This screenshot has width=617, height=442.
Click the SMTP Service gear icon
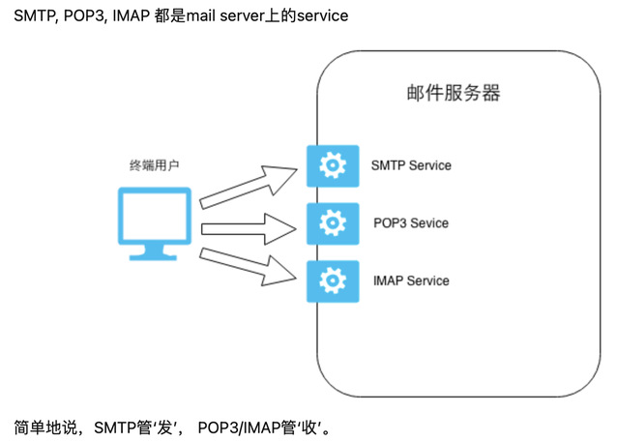tap(333, 165)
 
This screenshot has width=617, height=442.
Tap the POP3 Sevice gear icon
tap(333, 223)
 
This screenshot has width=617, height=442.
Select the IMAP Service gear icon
tap(333, 280)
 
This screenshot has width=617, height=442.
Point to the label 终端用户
tap(154, 165)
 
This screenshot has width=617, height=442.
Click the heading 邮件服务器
tap(452, 94)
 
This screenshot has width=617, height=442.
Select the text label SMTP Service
tap(411, 165)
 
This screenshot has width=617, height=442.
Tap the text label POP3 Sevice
tap(410, 223)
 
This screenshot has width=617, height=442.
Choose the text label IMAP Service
tap(410, 280)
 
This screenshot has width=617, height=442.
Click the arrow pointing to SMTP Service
tap(250, 186)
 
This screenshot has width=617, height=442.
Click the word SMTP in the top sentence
tap(35, 18)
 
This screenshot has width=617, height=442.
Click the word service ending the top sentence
tap(320, 18)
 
